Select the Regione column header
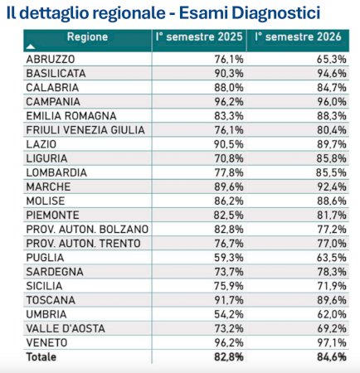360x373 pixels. point(87,36)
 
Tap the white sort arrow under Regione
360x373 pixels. point(31,46)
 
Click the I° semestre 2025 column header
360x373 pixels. point(199,36)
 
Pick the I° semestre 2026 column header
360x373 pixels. point(298,36)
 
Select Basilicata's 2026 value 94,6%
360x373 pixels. point(332,74)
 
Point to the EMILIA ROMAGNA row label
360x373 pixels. point(71,116)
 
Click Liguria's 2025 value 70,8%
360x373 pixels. point(229,158)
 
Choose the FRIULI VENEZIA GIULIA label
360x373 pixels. point(85,130)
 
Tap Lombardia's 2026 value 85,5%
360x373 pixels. point(331,172)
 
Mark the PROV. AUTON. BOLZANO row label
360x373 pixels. point(87,230)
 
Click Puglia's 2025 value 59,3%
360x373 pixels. point(229,258)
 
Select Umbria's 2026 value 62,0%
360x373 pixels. point(332,314)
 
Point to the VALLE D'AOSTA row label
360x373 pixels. point(66,328)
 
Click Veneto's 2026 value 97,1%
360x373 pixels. point(332,343)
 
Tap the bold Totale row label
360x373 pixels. point(41,357)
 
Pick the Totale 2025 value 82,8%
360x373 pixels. point(229,357)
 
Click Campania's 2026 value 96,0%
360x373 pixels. point(332,102)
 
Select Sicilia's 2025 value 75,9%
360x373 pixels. point(229,286)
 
